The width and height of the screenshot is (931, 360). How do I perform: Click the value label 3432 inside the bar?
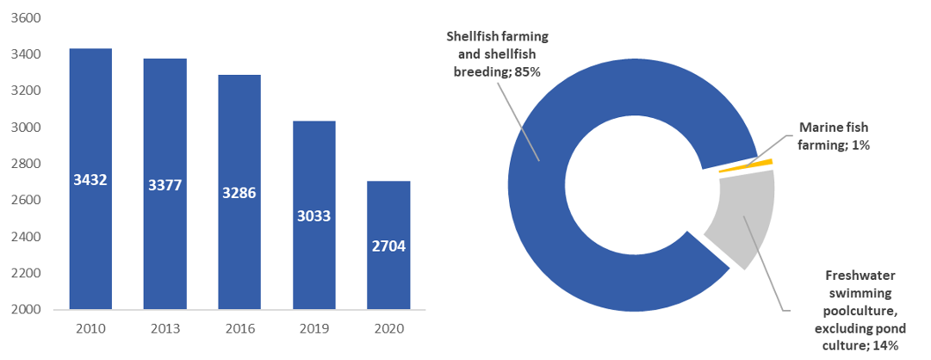click(90, 180)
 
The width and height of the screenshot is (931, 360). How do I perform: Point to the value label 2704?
click(389, 246)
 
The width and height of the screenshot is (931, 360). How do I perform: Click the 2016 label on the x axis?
click(239, 328)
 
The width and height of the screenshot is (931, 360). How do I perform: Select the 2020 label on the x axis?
click(389, 328)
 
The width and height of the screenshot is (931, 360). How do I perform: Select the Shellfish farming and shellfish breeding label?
click(497, 53)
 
